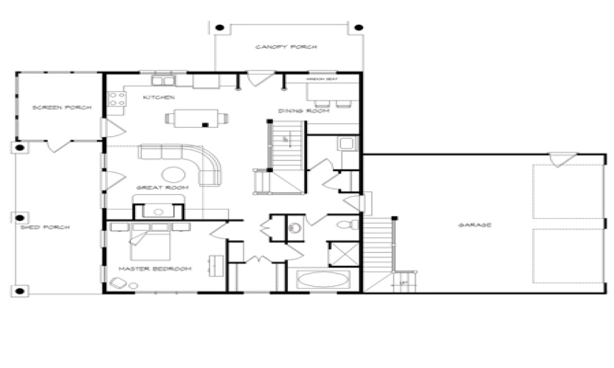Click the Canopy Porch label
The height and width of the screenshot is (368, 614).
point(286,47)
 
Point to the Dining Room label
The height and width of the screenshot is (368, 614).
point(304,111)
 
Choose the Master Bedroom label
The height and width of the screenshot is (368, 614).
point(155,269)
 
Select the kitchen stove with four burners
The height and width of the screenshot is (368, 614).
point(117,99)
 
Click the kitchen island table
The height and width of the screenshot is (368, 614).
point(196,118)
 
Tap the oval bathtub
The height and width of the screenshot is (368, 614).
point(323,279)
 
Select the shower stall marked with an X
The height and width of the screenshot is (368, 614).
point(344,254)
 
